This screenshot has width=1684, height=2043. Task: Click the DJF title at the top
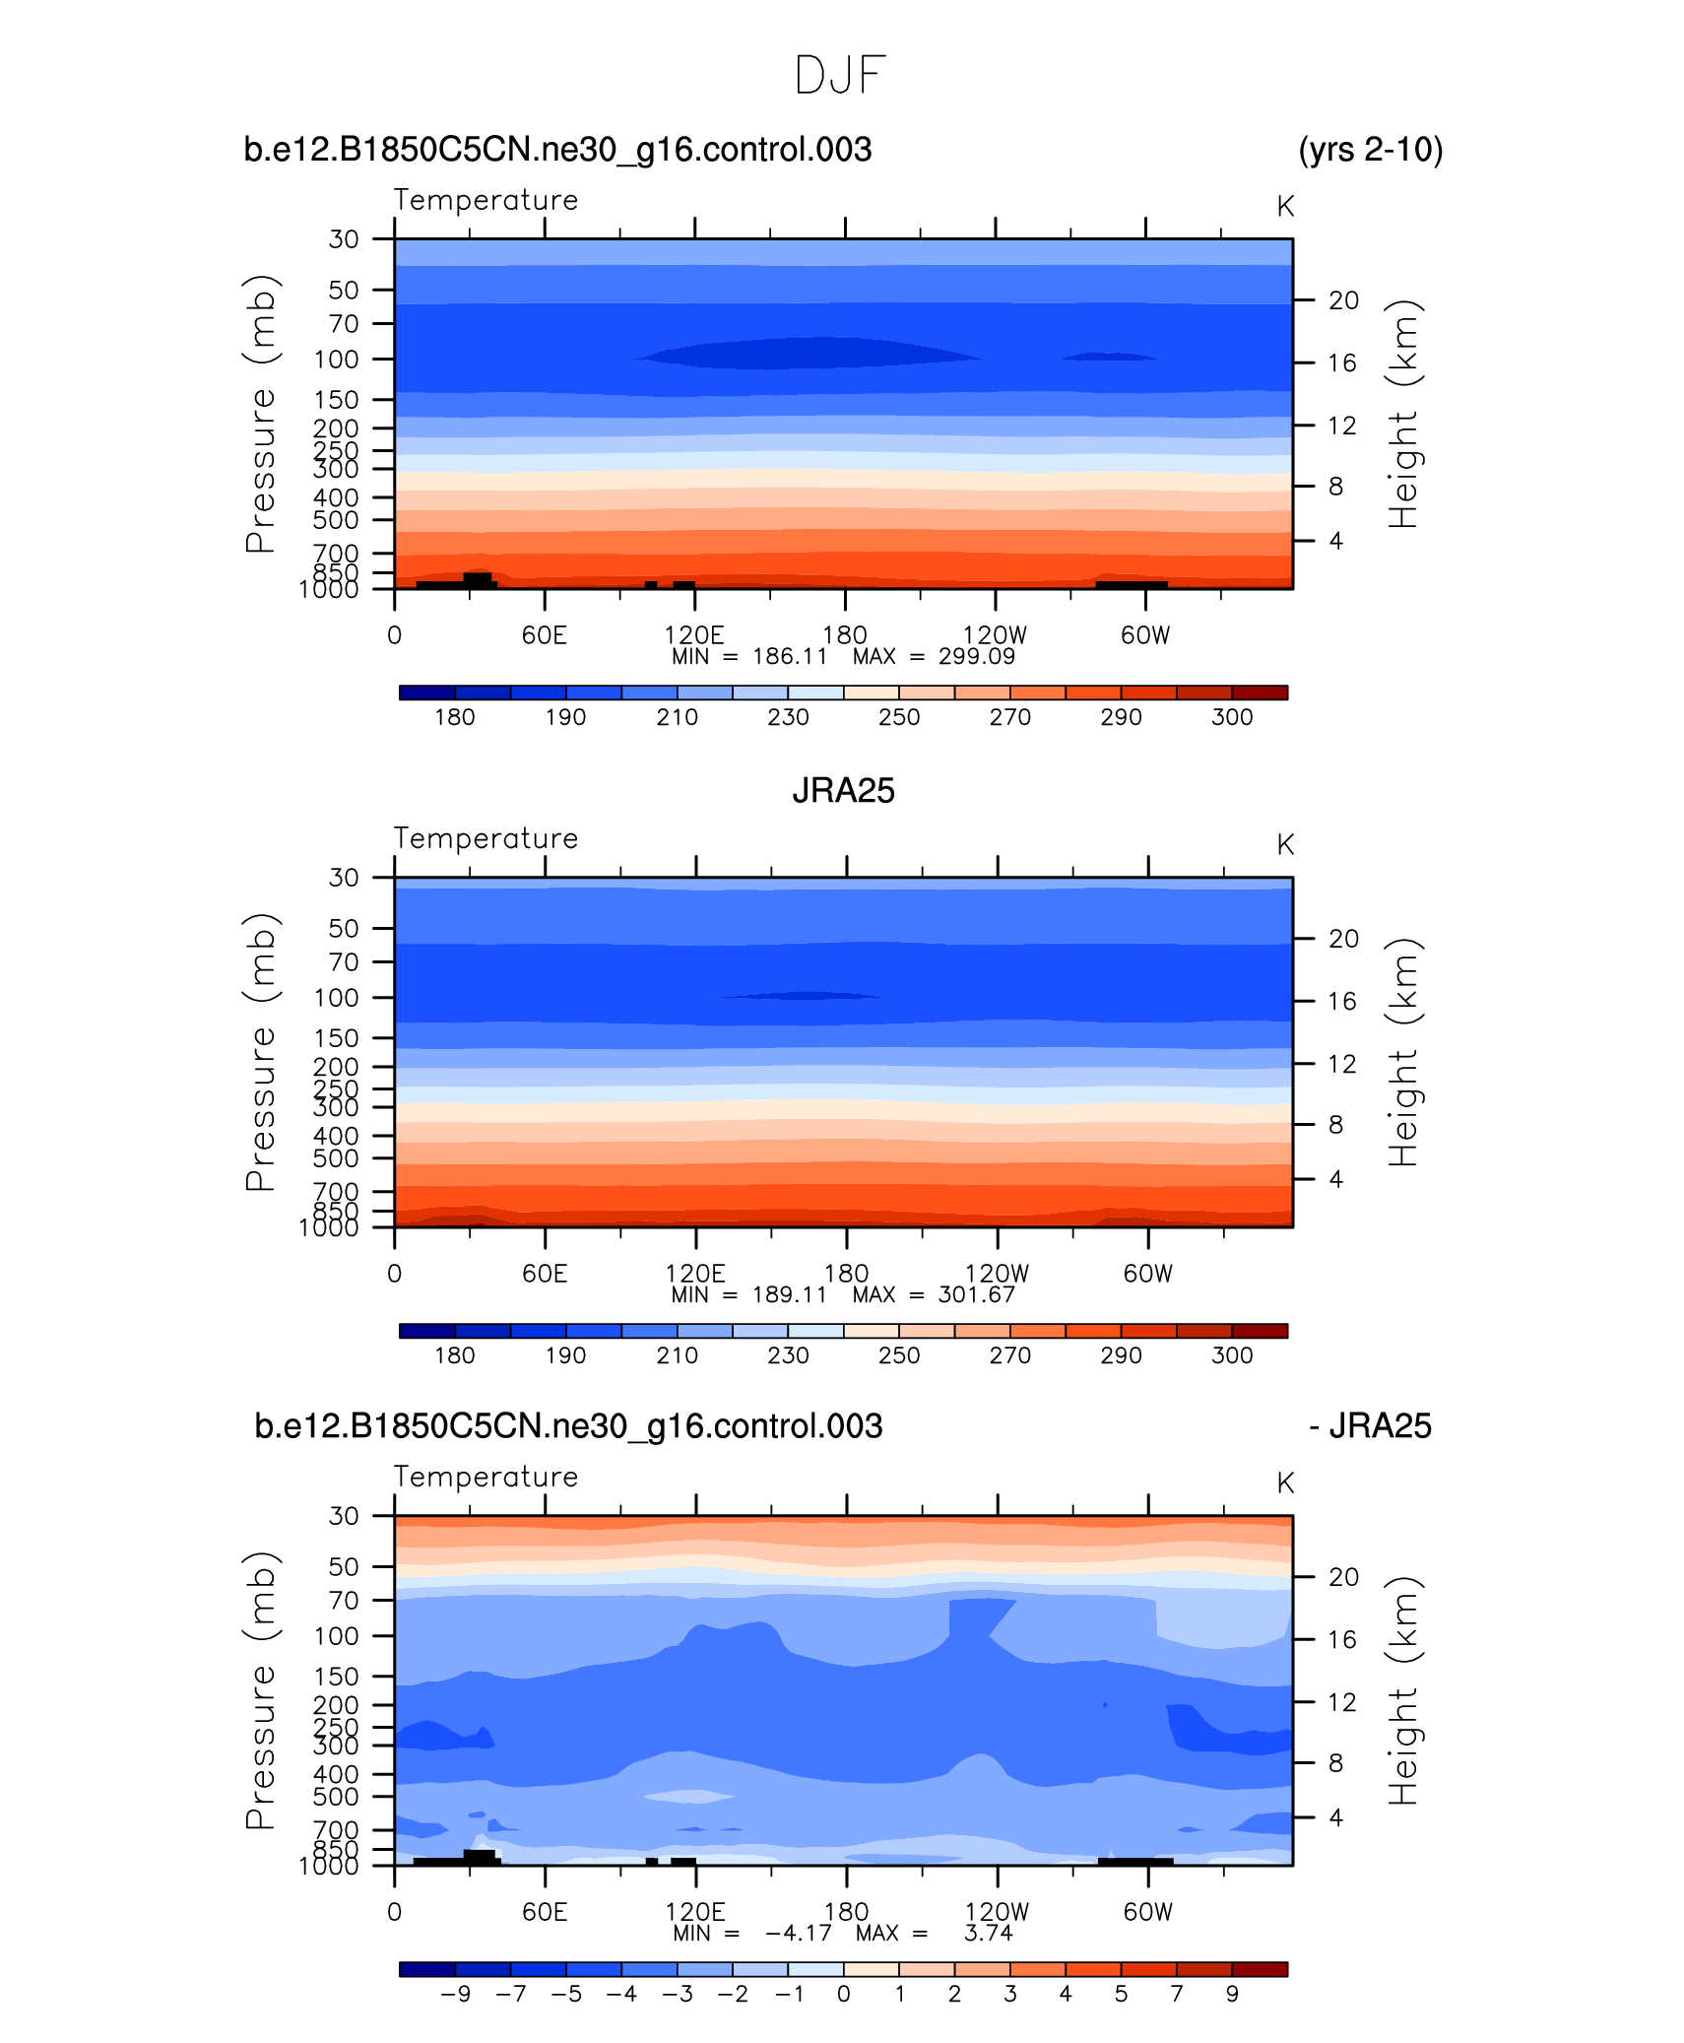840,75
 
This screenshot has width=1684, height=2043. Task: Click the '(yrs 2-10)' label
1370,150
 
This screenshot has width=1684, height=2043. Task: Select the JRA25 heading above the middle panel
843,791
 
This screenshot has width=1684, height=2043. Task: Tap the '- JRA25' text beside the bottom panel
1370,1426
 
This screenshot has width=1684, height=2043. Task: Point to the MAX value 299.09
976,657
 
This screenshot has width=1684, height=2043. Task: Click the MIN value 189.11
789,1294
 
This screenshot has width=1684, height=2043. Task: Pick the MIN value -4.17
799,1933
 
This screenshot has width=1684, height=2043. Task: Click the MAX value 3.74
988,1933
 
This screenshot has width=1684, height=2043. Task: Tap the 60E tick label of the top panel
545,635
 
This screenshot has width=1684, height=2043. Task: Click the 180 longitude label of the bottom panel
846,1912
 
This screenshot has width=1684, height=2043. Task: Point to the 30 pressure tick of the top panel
344,239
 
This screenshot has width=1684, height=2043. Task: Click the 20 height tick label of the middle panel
1343,939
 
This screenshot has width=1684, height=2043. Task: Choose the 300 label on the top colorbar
1232,717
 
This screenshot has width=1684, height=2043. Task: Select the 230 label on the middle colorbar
788,1355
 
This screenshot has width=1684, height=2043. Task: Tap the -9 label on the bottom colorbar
455,1994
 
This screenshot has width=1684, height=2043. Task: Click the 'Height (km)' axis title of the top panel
1402,414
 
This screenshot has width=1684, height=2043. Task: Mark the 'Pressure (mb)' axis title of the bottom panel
260,1690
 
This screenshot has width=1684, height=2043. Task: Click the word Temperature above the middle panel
486,838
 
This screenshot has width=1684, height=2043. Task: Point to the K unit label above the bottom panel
1284,1483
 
